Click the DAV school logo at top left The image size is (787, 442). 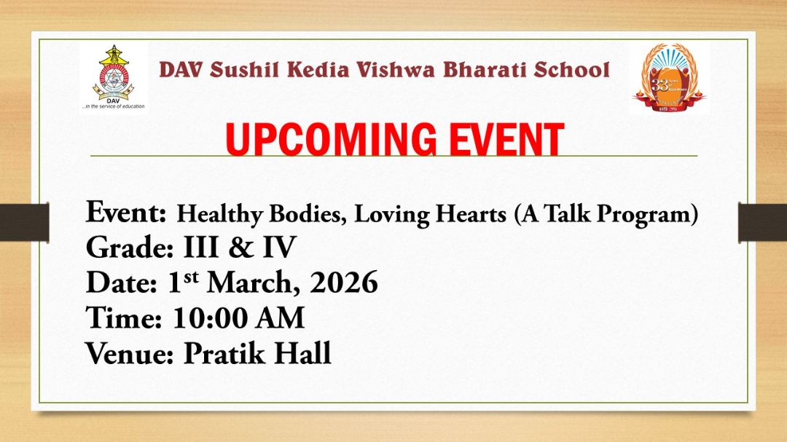click(112, 75)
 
